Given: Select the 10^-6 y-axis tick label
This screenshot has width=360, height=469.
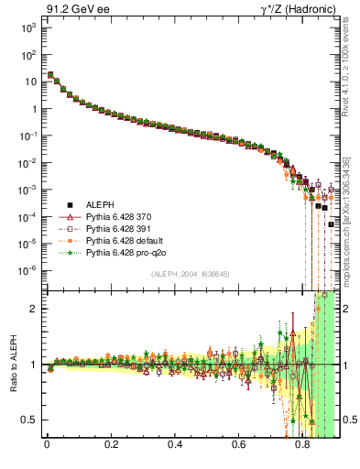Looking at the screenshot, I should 28,270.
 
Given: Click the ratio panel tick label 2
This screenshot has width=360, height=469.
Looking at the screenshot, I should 37,309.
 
